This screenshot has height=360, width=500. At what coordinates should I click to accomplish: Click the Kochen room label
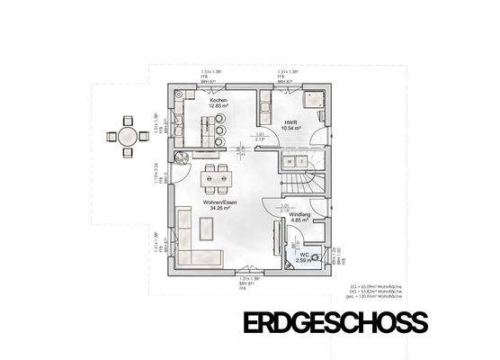coord(218,100)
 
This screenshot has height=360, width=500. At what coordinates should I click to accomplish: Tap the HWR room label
coord(290,123)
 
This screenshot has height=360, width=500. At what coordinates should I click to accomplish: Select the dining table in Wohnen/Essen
coord(215,178)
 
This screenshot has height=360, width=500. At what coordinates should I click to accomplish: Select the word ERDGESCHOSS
coord(335,322)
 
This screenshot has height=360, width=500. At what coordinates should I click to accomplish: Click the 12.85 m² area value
coord(218,106)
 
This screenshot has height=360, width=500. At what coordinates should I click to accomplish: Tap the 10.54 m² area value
coord(290,130)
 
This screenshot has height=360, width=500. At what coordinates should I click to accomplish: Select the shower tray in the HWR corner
coord(316,98)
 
